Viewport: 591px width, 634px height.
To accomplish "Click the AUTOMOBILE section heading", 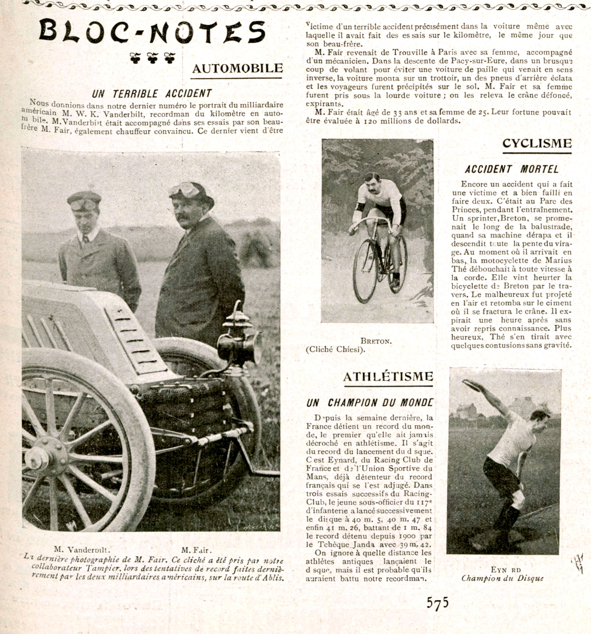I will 237,68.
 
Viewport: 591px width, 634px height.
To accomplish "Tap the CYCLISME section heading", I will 537,143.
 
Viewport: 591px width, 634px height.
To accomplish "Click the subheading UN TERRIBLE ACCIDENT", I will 152,94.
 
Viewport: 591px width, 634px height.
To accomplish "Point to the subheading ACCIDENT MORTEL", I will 512,169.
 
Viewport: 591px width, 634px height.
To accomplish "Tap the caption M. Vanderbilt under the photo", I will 82,549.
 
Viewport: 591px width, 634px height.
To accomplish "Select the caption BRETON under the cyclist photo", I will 376,341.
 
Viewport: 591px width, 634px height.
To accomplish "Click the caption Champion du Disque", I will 502,578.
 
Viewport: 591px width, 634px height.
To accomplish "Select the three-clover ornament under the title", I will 152,58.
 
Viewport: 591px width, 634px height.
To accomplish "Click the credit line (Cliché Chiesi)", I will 335,349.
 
